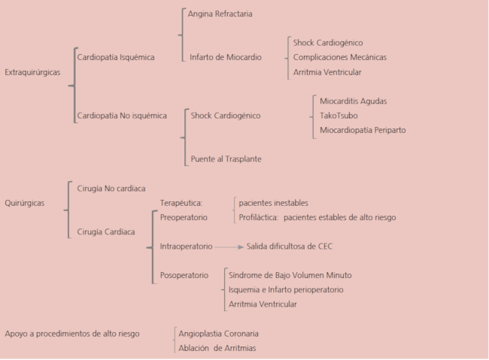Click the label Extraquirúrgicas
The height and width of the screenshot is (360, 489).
[x=32, y=72]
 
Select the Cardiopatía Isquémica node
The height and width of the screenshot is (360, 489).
[x=116, y=57]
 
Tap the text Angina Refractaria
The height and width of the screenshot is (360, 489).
[x=220, y=14]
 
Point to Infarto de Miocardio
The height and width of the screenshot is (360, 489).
[x=226, y=57]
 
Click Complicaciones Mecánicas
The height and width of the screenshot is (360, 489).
[x=340, y=57]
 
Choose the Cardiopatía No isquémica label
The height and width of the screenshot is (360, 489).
[x=122, y=115]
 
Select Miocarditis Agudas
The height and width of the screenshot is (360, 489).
[x=354, y=101]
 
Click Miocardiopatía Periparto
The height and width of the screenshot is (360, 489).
[x=363, y=130]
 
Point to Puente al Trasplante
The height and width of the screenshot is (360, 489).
[x=226, y=159]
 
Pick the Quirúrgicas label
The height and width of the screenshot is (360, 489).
[x=24, y=203]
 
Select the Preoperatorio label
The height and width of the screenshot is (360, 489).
[x=184, y=217]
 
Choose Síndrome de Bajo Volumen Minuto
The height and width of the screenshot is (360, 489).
[x=290, y=275]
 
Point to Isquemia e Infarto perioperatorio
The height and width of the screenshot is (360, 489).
[x=286, y=289]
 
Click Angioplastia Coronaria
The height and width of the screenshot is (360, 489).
[x=219, y=333]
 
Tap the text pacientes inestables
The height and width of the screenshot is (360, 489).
[x=273, y=203]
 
